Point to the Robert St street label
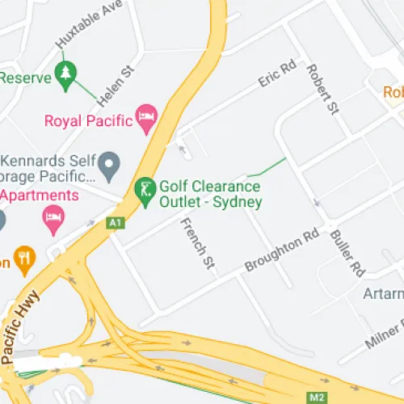[x=321, y=90]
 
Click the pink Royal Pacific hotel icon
[x=146, y=120]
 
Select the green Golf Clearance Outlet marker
[x=144, y=191]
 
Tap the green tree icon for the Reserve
[x=65, y=75]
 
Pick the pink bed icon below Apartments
[x=53, y=217]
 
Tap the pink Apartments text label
[x=40, y=196]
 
